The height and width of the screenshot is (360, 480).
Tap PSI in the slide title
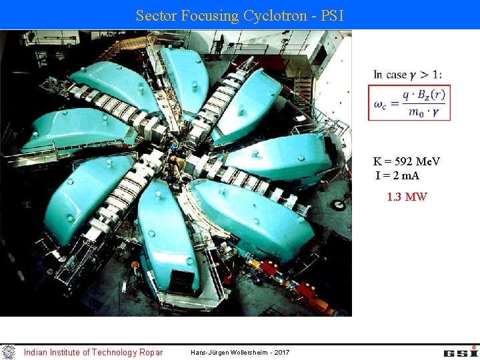pyautogui.click(x=332, y=15)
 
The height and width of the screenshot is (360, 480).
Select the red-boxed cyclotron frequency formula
pyautogui.click(x=409, y=103)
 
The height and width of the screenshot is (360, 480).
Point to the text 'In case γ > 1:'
pyautogui.click(x=407, y=75)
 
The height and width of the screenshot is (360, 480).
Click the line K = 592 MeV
pyautogui.click(x=407, y=161)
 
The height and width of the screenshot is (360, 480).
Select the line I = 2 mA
pyautogui.click(x=398, y=175)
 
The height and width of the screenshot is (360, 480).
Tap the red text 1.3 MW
pyautogui.click(x=407, y=197)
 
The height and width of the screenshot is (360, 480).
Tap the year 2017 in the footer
pyautogui.click(x=282, y=352)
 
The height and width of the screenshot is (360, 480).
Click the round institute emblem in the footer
pyautogui.click(x=9, y=351)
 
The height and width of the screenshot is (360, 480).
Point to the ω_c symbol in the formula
pyautogui.click(x=382, y=103)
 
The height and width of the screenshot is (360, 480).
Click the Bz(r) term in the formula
pyautogui.click(x=432, y=95)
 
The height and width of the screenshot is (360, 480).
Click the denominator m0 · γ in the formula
pyautogui.click(x=427, y=111)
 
